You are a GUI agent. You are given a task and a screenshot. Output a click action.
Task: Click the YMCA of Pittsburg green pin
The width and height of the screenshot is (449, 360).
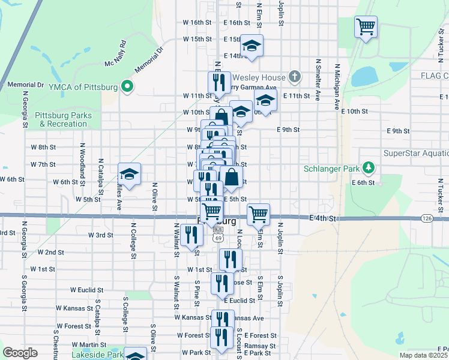(x=127, y=86)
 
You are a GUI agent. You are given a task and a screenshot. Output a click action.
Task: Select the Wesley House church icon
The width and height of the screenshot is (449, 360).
(x=294, y=77)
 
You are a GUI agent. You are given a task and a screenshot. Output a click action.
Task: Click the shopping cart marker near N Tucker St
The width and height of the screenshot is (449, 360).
(x=366, y=26)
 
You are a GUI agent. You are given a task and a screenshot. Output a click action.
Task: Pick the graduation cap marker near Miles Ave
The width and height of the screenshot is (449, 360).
(x=129, y=175)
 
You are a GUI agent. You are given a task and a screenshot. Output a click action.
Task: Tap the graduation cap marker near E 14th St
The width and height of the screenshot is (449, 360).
(x=252, y=46)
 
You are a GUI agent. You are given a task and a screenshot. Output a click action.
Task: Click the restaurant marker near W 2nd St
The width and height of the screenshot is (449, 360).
(x=192, y=234)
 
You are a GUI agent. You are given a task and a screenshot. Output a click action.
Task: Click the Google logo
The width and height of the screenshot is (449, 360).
(x=20, y=353)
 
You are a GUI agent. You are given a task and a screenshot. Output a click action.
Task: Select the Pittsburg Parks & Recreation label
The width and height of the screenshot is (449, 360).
(x=63, y=119)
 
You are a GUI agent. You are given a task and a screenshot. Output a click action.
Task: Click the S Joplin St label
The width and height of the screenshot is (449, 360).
(x=280, y=290)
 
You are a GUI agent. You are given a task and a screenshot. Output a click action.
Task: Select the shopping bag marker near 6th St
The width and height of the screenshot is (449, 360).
(x=232, y=178)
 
